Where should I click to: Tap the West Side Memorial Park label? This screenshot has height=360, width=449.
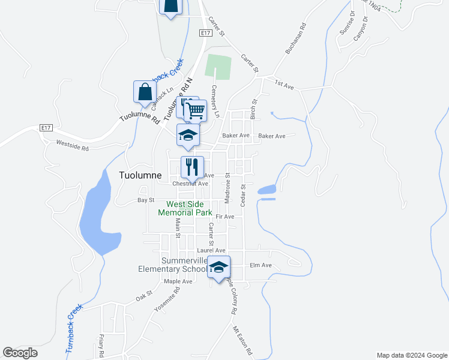click(185, 208)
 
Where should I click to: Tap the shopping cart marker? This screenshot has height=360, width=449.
click(195, 110)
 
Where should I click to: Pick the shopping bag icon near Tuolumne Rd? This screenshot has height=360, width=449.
click(145, 92)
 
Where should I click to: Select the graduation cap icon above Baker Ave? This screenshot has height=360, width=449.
click(188, 135)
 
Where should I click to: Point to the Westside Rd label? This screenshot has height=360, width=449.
click(72, 143)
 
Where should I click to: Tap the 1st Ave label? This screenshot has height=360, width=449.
click(284, 85)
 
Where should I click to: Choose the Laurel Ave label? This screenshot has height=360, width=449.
click(211, 250)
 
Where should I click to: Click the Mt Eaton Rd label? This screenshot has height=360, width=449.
click(243, 341)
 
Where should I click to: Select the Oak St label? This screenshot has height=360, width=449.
click(142, 296)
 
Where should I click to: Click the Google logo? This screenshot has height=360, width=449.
click(20, 353)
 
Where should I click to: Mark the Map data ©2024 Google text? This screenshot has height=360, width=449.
click(411, 355)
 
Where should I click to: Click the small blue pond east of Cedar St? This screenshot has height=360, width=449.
click(267, 191)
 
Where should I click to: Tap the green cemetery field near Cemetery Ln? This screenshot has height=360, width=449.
click(218, 67)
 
